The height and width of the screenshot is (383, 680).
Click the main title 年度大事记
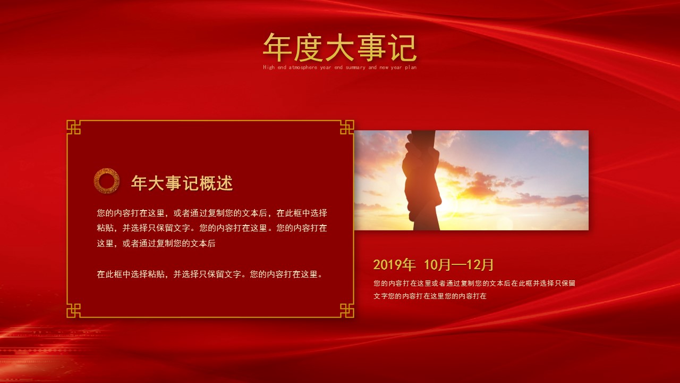pos(339,48)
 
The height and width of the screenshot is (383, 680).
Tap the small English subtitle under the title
pos(339,68)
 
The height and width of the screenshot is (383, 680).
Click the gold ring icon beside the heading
pos(106,181)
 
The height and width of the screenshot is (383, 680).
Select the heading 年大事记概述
pos(182,183)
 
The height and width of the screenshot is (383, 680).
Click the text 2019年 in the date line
pos(394,265)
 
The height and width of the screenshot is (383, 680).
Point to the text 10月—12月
pos(459,265)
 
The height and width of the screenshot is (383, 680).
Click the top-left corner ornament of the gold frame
pos(74,127)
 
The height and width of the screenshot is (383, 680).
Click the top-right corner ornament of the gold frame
pos(347,127)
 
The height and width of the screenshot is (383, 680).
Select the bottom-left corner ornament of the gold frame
pos(74,311)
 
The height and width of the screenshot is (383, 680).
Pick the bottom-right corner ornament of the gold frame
pos(347,311)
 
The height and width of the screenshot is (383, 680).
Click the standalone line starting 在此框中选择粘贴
pos(210,274)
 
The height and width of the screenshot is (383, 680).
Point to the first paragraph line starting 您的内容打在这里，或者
pos(212,213)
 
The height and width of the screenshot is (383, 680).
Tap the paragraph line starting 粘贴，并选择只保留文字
pos(212,228)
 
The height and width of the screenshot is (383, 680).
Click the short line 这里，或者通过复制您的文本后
pos(156,244)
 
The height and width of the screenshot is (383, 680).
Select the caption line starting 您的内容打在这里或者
pos(474,284)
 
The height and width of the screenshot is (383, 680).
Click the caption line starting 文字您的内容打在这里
pos(430,296)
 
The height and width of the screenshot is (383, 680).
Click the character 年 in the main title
pos(278,48)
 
